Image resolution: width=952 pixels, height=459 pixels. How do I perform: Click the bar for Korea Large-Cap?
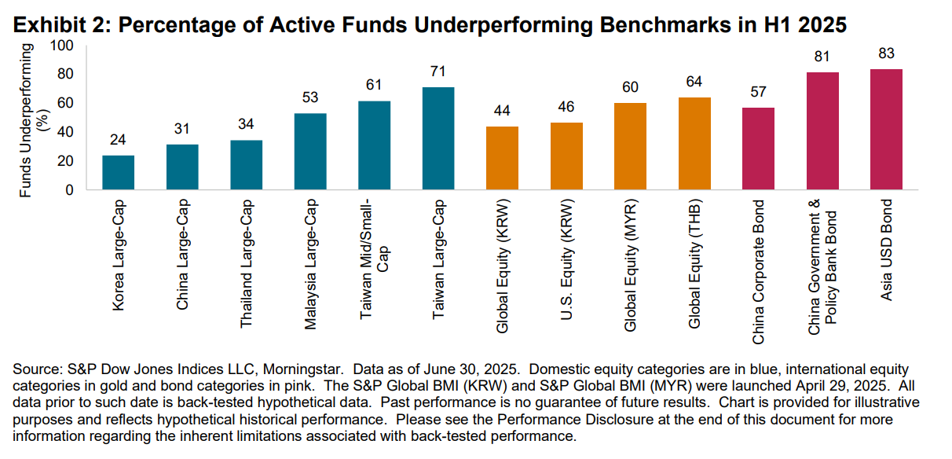(x=118, y=172)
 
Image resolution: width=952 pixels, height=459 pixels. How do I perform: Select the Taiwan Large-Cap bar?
(x=438, y=138)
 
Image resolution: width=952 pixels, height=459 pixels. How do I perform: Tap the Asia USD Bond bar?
(x=886, y=130)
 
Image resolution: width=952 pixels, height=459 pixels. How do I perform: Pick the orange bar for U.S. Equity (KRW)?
(x=566, y=156)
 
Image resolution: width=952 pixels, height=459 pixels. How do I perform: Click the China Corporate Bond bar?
(x=758, y=149)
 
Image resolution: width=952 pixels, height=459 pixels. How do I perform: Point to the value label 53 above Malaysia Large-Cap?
(x=310, y=98)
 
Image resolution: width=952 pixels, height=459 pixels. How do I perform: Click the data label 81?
(x=822, y=57)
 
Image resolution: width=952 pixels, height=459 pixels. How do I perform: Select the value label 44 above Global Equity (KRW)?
(x=502, y=111)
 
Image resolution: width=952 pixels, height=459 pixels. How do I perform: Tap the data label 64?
(x=694, y=82)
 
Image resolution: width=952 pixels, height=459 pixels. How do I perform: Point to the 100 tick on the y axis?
(x=62, y=46)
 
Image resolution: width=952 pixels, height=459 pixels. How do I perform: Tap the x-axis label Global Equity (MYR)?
(x=630, y=267)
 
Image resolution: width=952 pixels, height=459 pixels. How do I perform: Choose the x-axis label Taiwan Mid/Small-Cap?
(x=374, y=255)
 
